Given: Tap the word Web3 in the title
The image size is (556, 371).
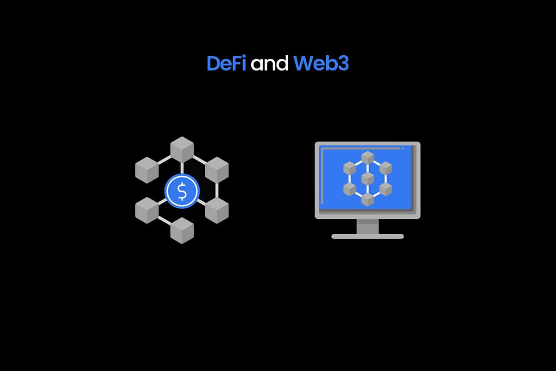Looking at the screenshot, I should tap(321, 64).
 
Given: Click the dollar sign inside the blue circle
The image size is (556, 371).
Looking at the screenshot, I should tap(182, 191).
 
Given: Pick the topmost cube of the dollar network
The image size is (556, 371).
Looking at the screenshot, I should tap(182, 149).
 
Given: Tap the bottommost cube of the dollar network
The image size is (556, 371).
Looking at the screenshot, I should tap(182, 230).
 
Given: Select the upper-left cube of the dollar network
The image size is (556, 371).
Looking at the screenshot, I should tap(147, 169).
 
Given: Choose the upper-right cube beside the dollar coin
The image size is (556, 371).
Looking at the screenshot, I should tap(217, 169).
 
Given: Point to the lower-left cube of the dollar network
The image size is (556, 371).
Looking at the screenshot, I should tap(147, 210).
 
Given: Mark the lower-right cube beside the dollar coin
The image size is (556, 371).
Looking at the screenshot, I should tap(217, 210).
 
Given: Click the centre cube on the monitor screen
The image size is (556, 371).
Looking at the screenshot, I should tap(367, 179).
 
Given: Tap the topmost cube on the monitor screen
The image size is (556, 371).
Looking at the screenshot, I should tap(367, 158).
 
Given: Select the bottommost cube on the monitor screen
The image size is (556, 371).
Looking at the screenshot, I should tap(367, 199).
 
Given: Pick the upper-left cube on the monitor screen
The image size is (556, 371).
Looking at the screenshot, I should tap(349, 168).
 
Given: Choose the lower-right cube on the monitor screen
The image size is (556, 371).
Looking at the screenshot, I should tap(385, 189).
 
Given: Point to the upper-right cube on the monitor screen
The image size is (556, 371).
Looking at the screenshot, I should tap(385, 168).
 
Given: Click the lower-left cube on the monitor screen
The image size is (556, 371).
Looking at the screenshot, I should tap(349, 189).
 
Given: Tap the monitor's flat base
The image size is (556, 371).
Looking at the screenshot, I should tap(367, 236).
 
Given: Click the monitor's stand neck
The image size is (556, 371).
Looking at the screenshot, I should tap(367, 226).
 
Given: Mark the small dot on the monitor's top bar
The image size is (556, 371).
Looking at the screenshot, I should tap(403, 148).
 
